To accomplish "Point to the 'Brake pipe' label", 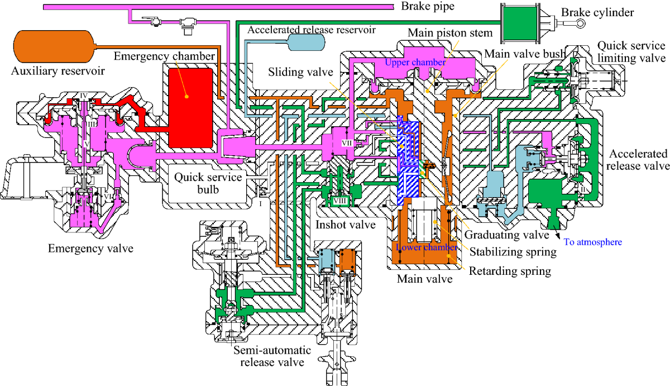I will tap(428, 7).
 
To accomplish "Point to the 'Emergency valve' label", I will tap(90, 248).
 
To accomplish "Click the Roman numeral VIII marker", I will tap(339, 201).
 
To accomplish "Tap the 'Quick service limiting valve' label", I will tap(631, 51).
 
